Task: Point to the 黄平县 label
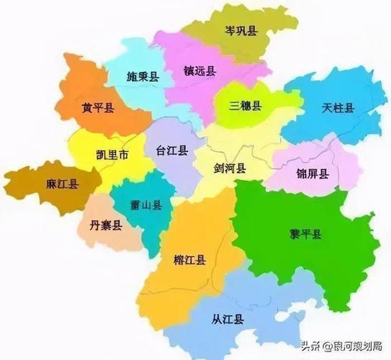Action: click(96, 109)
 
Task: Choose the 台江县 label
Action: click(171, 150)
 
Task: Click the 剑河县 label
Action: click(230, 168)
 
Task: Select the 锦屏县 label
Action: click(313, 173)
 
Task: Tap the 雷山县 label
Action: click(146, 205)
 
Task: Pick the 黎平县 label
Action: click(305, 235)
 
